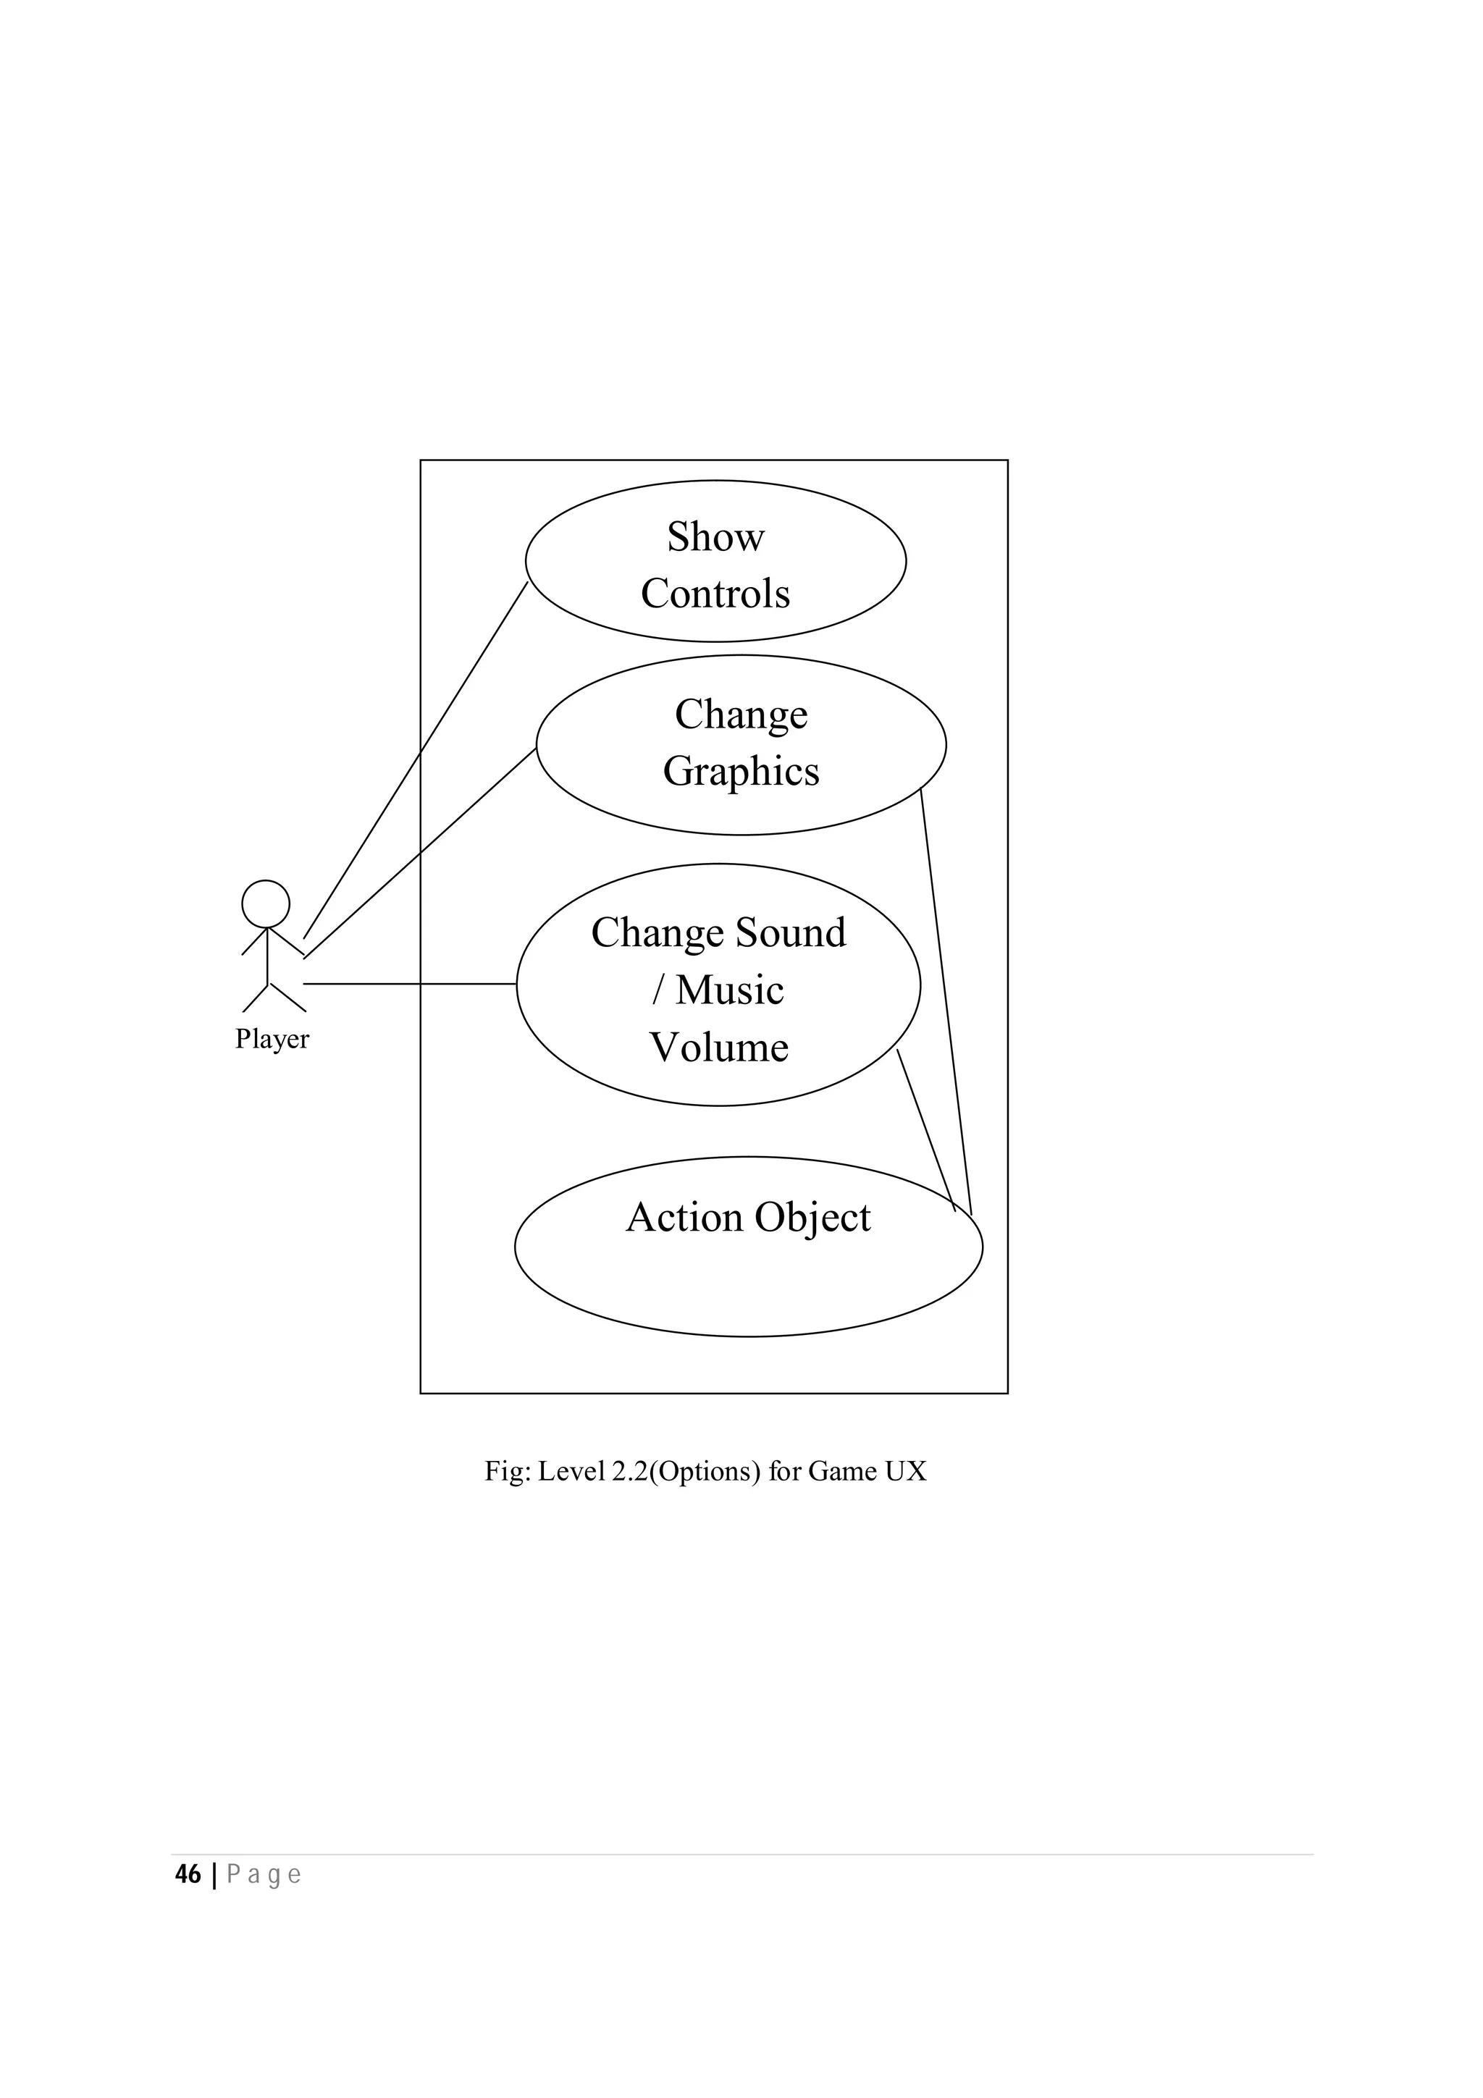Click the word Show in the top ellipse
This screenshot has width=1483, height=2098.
coord(715,536)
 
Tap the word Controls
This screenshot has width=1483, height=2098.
coord(715,594)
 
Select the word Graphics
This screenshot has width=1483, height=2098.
coord(740,771)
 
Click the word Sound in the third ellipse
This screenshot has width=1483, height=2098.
coord(791,933)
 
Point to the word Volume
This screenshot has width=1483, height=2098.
coord(718,1047)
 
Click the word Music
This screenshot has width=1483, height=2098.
coord(729,990)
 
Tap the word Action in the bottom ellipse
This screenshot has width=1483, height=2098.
coord(684,1217)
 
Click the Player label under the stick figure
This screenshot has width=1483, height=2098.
coord(272,1039)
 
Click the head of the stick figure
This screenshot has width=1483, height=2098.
coord(265,903)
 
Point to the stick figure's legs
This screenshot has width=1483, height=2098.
coord(272,998)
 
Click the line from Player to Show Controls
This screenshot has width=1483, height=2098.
coord(416,759)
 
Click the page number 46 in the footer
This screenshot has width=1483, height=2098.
coord(188,1874)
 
